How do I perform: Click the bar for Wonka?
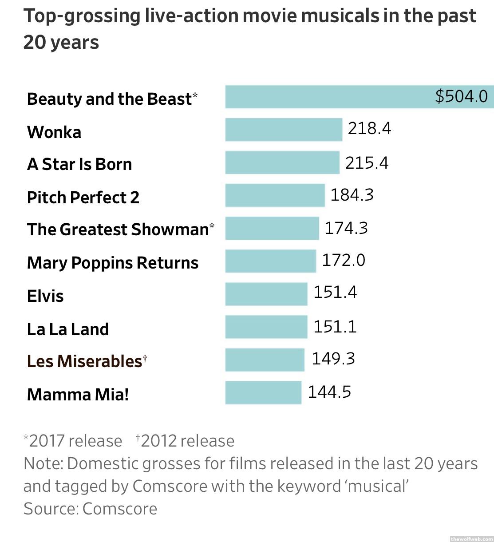click(x=284, y=130)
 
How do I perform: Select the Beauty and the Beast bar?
click(x=328, y=97)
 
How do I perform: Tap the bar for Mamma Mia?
click(x=263, y=392)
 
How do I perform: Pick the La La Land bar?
click(x=266, y=327)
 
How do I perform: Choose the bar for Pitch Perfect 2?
click(x=275, y=195)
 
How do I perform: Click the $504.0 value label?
click(x=461, y=96)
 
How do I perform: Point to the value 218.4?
click(x=369, y=128)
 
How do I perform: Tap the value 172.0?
click(x=343, y=260)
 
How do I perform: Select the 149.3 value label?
click(x=333, y=359)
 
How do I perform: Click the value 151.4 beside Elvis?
click(x=335, y=293)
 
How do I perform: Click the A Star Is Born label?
click(x=79, y=164)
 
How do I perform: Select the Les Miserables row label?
click(x=84, y=361)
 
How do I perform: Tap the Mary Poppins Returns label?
click(x=113, y=263)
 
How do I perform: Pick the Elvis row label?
click(x=45, y=296)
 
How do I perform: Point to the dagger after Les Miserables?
click(x=145, y=357)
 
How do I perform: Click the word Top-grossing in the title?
click(x=82, y=16)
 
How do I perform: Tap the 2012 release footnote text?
click(x=185, y=441)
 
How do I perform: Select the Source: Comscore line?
click(x=91, y=509)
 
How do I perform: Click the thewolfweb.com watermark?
click(x=471, y=538)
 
